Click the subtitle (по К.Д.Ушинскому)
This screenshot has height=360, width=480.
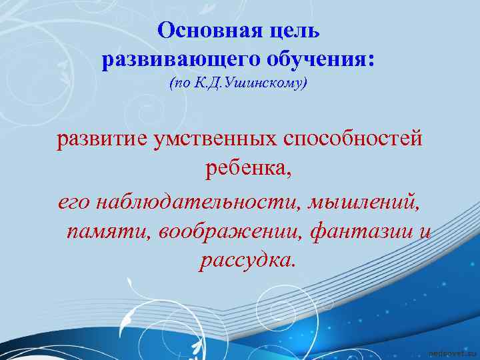(239, 84)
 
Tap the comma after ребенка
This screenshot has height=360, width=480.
(289, 175)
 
